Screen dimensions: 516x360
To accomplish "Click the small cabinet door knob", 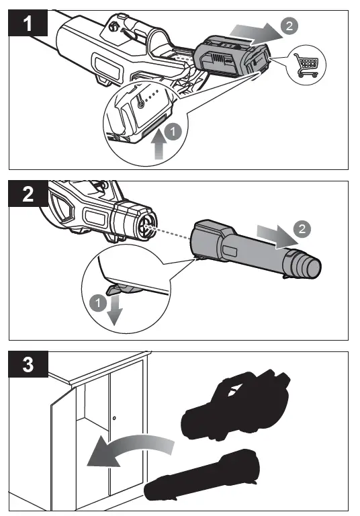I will click(x=114, y=419).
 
